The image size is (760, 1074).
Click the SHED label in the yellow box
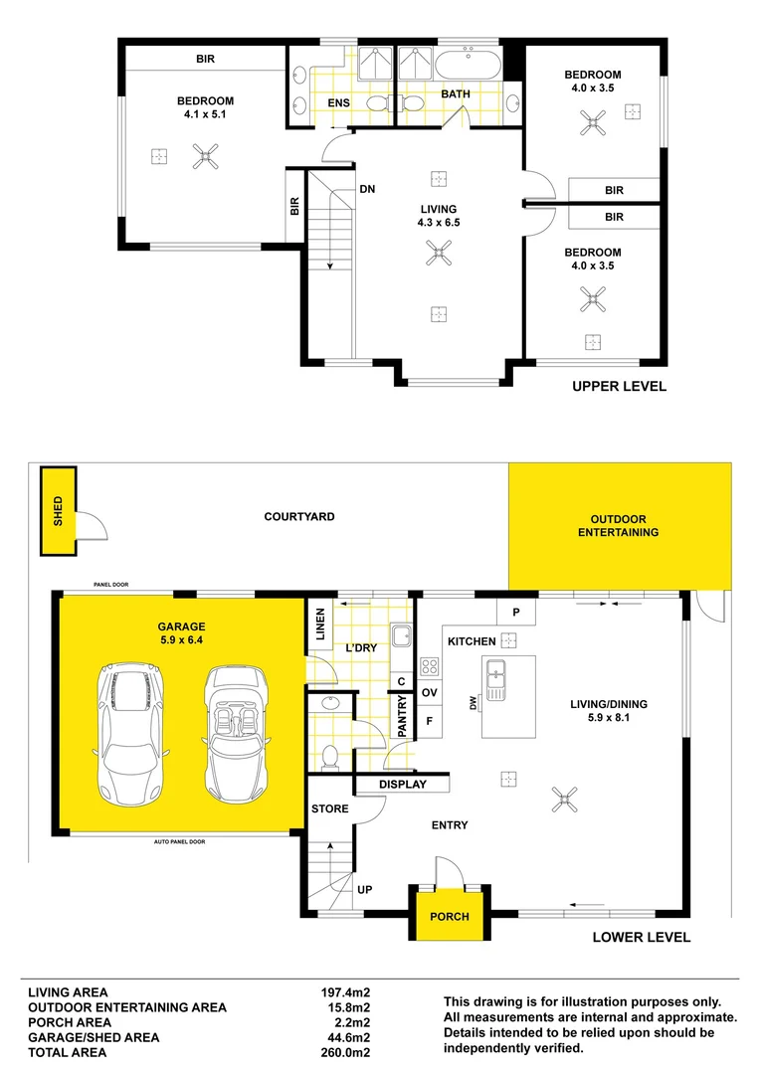pos(58,511)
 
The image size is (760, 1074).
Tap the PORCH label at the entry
pos(450,917)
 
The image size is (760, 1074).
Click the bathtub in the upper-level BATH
pos(469,65)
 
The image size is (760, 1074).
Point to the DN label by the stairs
pos(367,189)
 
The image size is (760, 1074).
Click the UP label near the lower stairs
pos(364,890)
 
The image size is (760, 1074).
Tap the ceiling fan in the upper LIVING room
pos(439,252)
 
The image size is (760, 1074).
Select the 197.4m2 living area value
pos(345,992)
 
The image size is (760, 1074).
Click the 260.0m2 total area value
pos(345,1053)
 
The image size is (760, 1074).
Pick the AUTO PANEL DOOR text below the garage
pos(179,842)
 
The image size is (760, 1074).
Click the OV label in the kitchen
pos(430,692)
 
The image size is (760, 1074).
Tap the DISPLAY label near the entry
pos(403,785)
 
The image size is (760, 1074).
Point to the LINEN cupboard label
pos(320,624)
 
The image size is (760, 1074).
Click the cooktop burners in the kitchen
pos(430,666)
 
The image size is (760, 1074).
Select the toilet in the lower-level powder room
pos(329,758)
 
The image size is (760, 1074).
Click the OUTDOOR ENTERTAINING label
pos(618,525)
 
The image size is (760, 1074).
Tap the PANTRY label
pos(402,716)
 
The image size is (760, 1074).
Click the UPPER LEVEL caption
pos(620,386)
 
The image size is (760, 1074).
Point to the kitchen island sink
pos(495,680)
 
